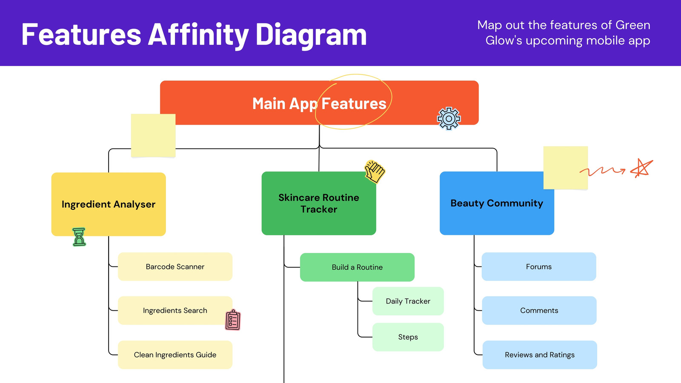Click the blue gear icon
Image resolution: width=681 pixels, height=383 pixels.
pyautogui.click(x=449, y=118)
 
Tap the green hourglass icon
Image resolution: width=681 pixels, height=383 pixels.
pyautogui.click(x=79, y=237)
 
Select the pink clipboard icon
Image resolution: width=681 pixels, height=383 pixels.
pyautogui.click(x=233, y=320)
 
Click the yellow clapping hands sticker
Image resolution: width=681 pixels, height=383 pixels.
pyautogui.click(x=375, y=171)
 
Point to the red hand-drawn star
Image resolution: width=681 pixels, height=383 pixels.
pyautogui.click(x=641, y=168)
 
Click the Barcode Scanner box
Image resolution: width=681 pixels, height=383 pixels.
pyautogui.click(x=175, y=266)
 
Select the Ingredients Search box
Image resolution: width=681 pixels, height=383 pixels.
pyautogui.click(x=175, y=310)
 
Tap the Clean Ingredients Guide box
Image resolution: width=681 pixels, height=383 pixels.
pyautogui.click(x=175, y=355)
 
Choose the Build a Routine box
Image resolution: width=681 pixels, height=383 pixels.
pyautogui.click(x=357, y=267)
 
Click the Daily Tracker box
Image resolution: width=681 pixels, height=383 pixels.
pyautogui.click(x=408, y=301)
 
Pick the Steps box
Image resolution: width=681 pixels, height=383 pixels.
pyautogui.click(x=408, y=337)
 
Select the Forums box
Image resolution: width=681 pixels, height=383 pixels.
pyautogui.click(x=539, y=266)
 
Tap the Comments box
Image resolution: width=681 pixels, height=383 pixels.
pyautogui.click(x=539, y=310)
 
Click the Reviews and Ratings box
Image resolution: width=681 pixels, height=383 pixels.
pyautogui.click(x=540, y=355)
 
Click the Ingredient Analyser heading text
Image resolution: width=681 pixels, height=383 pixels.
pyautogui.click(x=109, y=204)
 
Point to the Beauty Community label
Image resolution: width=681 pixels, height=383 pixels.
pyautogui.click(x=497, y=203)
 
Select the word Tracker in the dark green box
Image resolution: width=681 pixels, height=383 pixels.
pyautogui.click(x=319, y=209)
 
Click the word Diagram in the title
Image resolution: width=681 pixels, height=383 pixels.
pyautogui.click(x=311, y=34)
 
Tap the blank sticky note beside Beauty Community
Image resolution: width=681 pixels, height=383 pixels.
pyautogui.click(x=566, y=168)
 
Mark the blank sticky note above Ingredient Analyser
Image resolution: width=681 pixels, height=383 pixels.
pyautogui.click(x=153, y=136)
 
